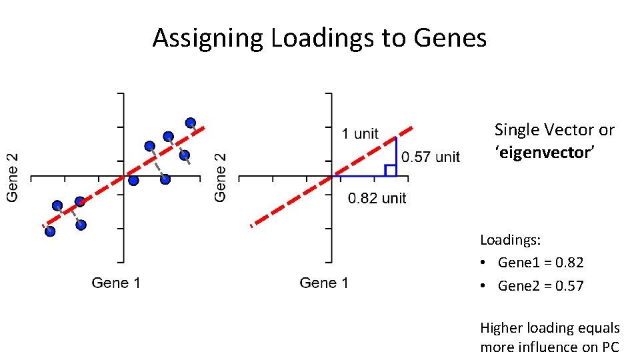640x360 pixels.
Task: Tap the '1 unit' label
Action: tap(359, 133)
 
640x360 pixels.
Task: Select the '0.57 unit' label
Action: tap(430, 157)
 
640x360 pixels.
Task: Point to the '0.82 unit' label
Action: tap(377, 198)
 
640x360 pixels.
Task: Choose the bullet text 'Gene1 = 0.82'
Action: tap(540, 263)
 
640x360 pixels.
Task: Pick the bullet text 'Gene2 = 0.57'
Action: tap(540, 286)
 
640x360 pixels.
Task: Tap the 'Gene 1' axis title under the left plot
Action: tap(116, 283)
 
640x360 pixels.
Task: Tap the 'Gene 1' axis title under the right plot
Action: tap(324, 283)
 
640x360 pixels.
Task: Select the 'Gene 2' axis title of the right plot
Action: tap(221, 177)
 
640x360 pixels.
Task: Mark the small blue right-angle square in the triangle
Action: tap(391, 170)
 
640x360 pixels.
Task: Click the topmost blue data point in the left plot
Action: tap(191, 122)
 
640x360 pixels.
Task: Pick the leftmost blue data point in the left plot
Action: tap(50, 231)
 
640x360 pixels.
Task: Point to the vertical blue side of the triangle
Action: tap(396, 157)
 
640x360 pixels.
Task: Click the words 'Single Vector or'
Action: tap(554, 130)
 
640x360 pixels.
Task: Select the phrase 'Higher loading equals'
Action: tap(549, 328)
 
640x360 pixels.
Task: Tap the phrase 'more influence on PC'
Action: tap(549, 347)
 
